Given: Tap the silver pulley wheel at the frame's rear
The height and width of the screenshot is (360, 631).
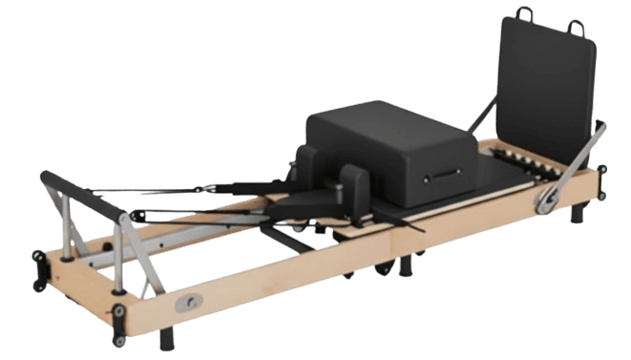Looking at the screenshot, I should tap(548, 198).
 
